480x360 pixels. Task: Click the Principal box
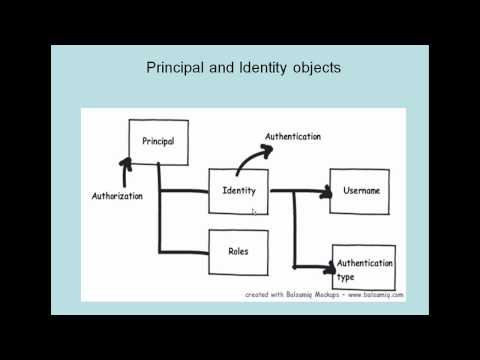[158, 142]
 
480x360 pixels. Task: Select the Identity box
[238, 192]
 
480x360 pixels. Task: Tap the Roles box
[238, 251]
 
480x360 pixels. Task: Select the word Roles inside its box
[238, 251]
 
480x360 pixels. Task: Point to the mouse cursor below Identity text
[255, 211]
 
